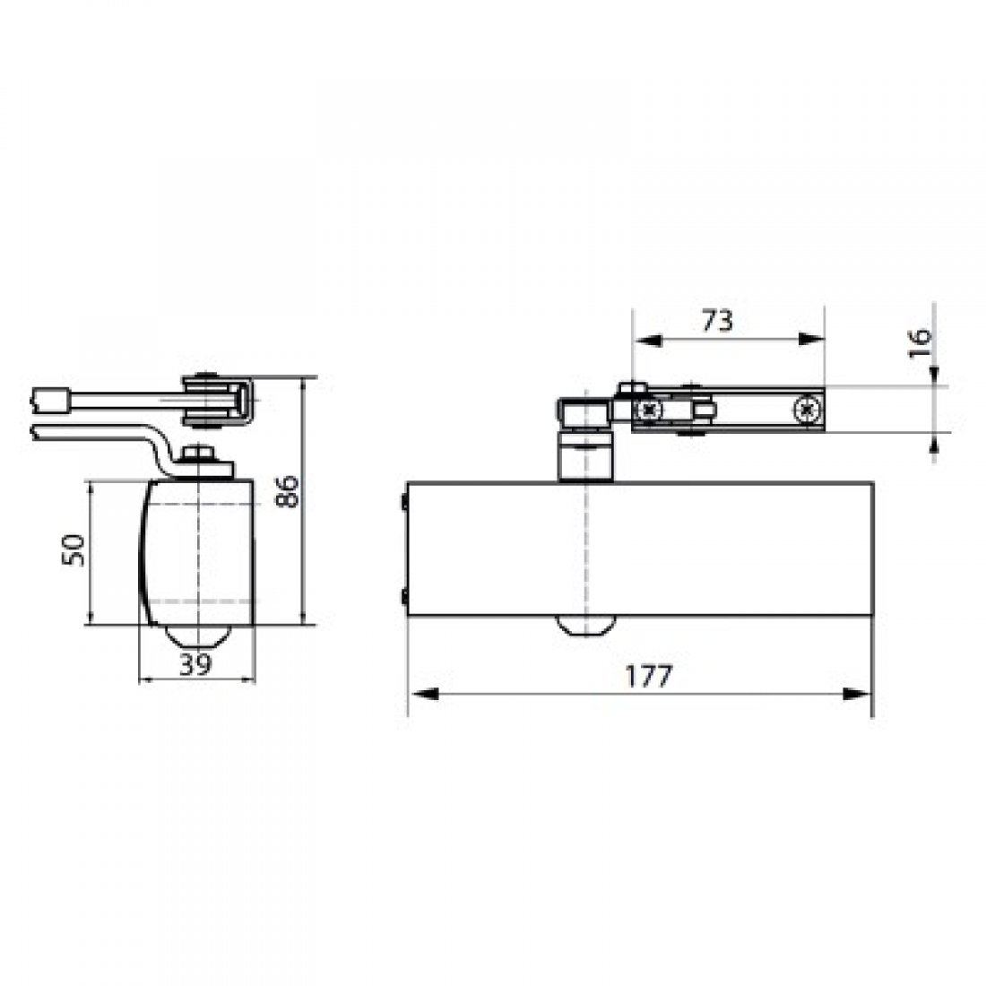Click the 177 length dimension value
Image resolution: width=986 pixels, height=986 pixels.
click(649, 677)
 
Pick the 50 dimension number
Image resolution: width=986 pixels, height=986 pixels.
click(75, 549)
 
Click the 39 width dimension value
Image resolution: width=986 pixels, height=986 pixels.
click(195, 664)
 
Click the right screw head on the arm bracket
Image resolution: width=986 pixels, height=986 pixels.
click(806, 410)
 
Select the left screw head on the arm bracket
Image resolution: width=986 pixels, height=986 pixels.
click(647, 410)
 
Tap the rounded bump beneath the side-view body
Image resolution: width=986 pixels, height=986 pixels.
click(197, 631)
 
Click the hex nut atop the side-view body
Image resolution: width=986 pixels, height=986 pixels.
click(203, 455)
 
